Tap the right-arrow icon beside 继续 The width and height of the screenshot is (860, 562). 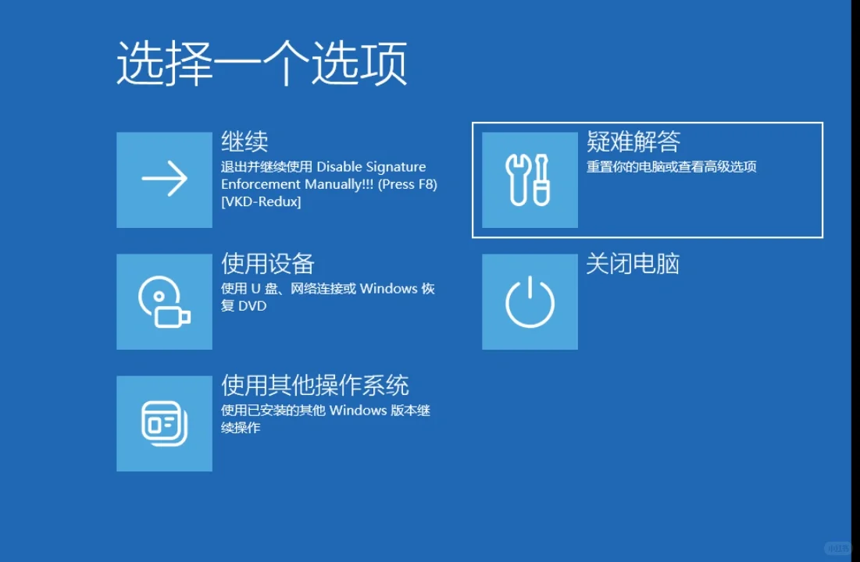pyautogui.click(x=164, y=180)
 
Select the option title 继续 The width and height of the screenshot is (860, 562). pyautogui.click(x=244, y=141)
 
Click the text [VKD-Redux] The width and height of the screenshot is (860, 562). pyautogui.click(x=261, y=202)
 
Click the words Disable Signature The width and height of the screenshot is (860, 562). pyautogui.click(x=371, y=167)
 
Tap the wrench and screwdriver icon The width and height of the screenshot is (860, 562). pyautogui.click(x=530, y=180)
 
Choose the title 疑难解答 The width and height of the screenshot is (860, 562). pyautogui.click(x=633, y=141)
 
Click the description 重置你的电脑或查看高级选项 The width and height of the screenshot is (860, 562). pyautogui.click(x=671, y=167)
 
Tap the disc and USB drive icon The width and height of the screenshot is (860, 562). pyautogui.click(x=164, y=301)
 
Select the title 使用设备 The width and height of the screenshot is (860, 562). pyautogui.click(x=268, y=263)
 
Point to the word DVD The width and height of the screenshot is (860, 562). pyautogui.click(x=252, y=306)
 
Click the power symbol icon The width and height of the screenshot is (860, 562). pyautogui.click(x=530, y=301)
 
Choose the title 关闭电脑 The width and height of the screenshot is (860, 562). pyautogui.click(x=633, y=263)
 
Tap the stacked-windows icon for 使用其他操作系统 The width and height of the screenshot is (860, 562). pyautogui.click(x=164, y=423)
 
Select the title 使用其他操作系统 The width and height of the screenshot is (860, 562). pyautogui.click(x=315, y=385)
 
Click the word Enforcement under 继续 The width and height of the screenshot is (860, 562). pyautogui.click(x=261, y=185)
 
